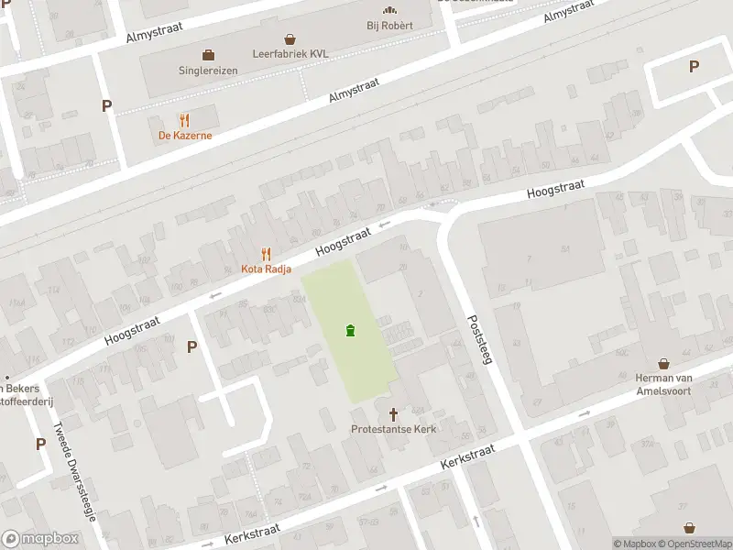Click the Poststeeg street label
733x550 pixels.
tap(480, 341)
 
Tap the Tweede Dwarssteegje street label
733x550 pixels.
tap(74, 470)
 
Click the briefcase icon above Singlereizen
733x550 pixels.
tap(208, 54)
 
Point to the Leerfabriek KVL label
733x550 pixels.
tap(290, 54)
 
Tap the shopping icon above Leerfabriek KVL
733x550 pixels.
tap(290, 39)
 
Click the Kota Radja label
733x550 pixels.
tap(265, 269)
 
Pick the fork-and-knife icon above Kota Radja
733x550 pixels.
tap(266, 253)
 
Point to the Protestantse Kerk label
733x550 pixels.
tap(395, 429)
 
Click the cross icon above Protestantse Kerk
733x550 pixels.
tap(395, 413)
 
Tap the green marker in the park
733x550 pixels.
tap(350, 331)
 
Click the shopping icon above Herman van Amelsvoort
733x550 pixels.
tap(663, 365)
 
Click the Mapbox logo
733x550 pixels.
tap(40, 539)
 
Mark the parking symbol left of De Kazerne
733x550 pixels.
tap(106, 105)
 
